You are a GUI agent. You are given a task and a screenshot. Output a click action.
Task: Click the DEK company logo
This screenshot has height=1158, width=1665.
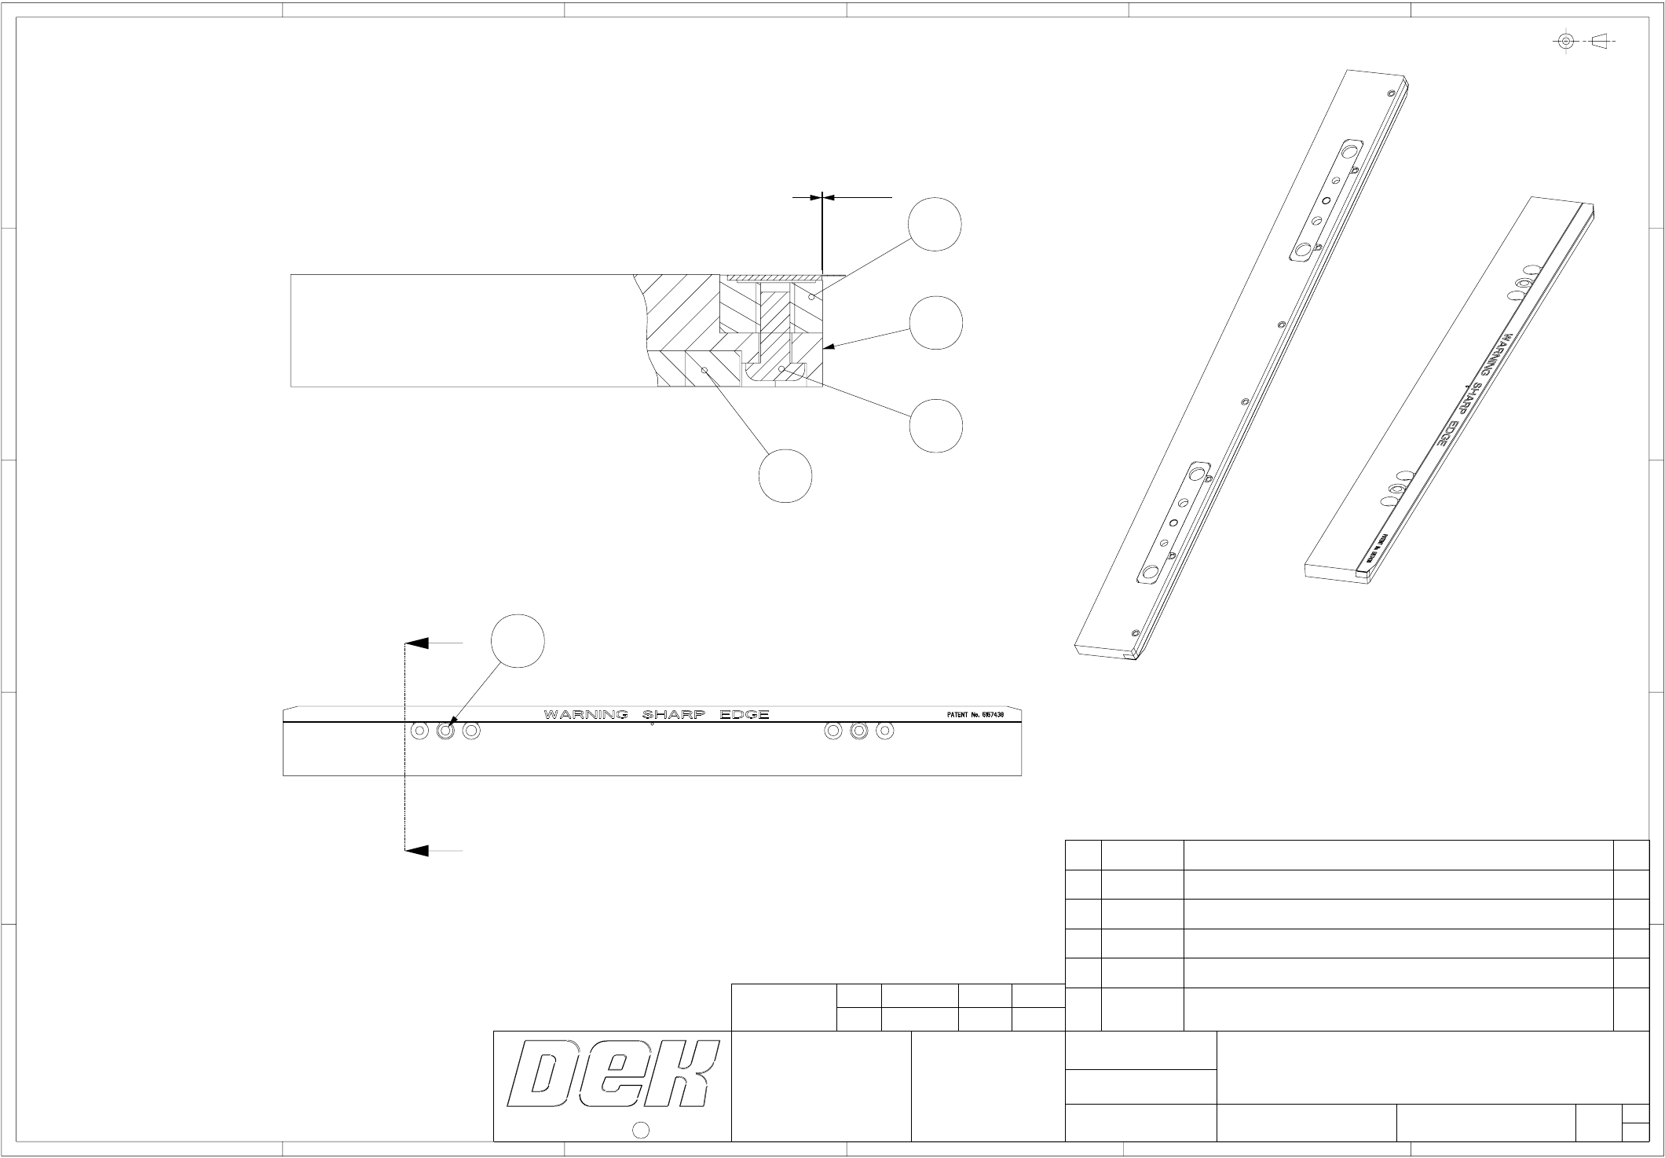click(613, 1074)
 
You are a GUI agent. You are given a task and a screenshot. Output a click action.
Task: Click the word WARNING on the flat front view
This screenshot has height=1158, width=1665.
click(585, 714)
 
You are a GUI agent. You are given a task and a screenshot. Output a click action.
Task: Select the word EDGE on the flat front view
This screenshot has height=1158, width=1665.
click(741, 714)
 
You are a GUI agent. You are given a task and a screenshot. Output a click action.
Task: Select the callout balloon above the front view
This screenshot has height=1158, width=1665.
click(518, 641)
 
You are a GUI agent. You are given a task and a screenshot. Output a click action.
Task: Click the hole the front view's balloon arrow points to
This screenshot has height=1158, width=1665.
click(445, 731)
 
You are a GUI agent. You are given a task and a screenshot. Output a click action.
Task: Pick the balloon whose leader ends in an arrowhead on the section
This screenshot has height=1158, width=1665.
click(935, 323)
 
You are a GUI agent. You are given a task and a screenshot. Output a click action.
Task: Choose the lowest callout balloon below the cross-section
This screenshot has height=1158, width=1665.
click(785, 475)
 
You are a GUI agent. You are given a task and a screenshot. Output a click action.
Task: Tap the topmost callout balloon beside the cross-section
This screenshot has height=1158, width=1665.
click(935, 225)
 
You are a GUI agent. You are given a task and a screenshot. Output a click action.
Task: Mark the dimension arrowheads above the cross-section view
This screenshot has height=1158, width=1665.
click(822, 197)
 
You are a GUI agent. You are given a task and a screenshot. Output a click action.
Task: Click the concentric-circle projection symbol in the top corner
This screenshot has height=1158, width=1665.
click(1566, 41)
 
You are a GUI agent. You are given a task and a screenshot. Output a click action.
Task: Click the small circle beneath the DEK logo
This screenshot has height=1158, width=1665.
click(640, 1130)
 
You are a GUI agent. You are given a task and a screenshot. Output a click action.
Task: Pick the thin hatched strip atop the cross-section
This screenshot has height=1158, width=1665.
click(774, 277)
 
